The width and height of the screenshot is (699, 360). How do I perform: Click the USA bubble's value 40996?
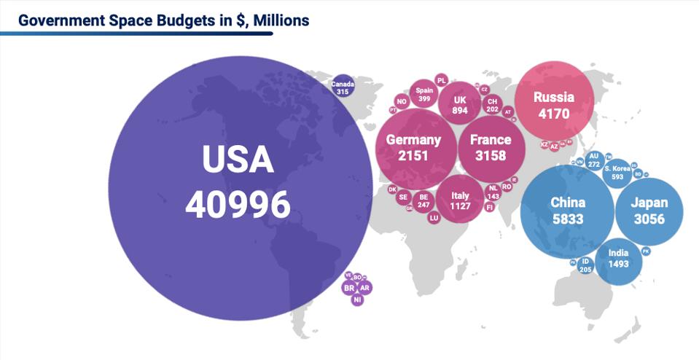(238, 206)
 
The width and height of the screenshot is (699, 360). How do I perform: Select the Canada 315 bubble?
(342, 87)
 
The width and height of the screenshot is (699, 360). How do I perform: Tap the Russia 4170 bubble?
(553, 104)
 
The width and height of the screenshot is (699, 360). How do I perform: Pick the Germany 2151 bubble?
(413, 147)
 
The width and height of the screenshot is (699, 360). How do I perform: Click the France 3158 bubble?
(490, 147)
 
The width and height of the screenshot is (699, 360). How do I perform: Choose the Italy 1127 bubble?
(460, 200)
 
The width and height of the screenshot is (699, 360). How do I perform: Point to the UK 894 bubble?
(459, 104)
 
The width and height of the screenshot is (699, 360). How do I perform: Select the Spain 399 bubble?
(423, 95)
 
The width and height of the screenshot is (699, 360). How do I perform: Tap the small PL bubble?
(441, 80)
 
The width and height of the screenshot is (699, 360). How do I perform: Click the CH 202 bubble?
(492, 105)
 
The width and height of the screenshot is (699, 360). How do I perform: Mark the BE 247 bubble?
(423, 200)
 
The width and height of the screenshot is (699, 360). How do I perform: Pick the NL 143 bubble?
(493, 192)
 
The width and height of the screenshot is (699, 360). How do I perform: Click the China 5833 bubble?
(567, 211)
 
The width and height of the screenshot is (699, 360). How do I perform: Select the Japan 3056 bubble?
(649, 211)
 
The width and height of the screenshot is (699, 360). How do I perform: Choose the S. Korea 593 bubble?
(617, 173)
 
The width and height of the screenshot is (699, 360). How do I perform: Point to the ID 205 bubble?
(585, 265)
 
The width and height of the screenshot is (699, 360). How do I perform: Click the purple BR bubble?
(349, 288)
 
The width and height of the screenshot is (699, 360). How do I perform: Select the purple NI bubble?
(357, 300)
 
